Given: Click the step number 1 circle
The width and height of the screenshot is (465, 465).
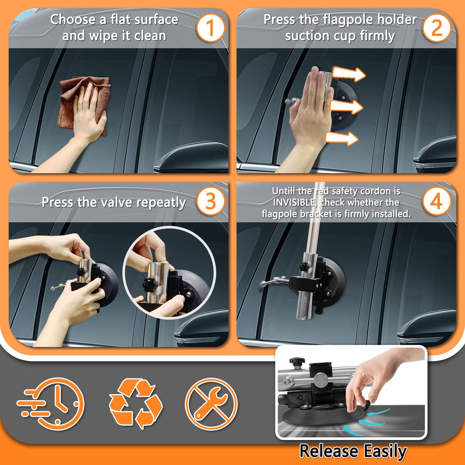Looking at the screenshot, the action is tap(211, 28).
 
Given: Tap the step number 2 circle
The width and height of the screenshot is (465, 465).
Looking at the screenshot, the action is tap(437, 28).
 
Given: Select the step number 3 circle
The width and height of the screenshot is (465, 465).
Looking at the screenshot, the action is tap(211, 201).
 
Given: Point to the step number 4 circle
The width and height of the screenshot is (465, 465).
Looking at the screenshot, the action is tap(437, 201).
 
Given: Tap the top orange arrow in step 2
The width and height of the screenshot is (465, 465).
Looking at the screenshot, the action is tap(349, 74).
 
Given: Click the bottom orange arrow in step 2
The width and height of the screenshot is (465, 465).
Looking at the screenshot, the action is tap(342, 138).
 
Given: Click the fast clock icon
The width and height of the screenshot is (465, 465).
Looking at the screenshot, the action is tap(51, 404).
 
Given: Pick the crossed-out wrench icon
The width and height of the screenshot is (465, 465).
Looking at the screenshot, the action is tap(211, 404).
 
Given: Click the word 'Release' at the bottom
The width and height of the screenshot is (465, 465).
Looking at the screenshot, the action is tap(329, 451).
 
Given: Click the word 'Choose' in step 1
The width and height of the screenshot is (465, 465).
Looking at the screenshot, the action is tap(73, 20).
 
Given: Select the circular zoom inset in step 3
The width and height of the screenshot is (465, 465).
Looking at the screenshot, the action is tap(169, 273).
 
